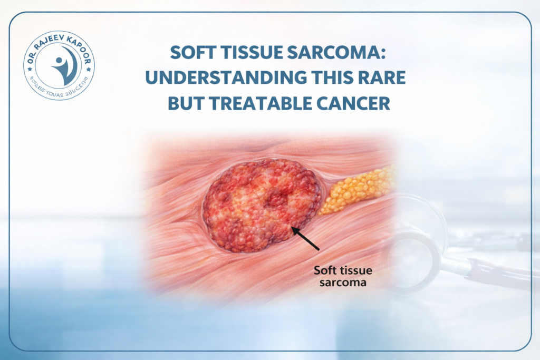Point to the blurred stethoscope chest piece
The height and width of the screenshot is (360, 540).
[417, 232]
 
